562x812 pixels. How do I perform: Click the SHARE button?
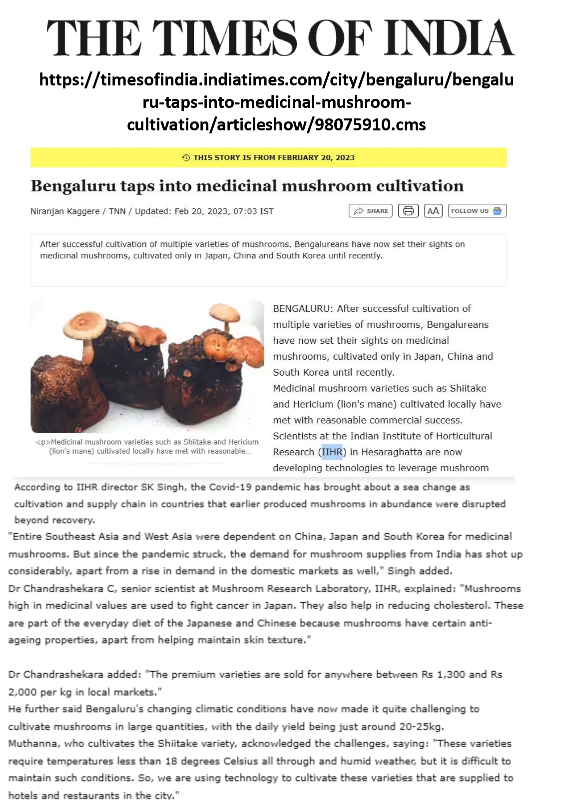[370, 211]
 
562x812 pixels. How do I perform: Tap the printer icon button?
[408, 211]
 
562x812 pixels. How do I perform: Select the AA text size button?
[433, 211]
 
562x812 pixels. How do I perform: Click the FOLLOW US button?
[477, 211]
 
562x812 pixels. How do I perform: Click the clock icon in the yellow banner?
[186, 157]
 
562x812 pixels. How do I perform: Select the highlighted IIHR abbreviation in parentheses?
[332, 452]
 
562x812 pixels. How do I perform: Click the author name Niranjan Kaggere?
[65, 211]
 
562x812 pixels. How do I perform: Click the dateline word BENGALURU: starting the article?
[303, 309]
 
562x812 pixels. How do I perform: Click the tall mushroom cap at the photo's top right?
[225, 312]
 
